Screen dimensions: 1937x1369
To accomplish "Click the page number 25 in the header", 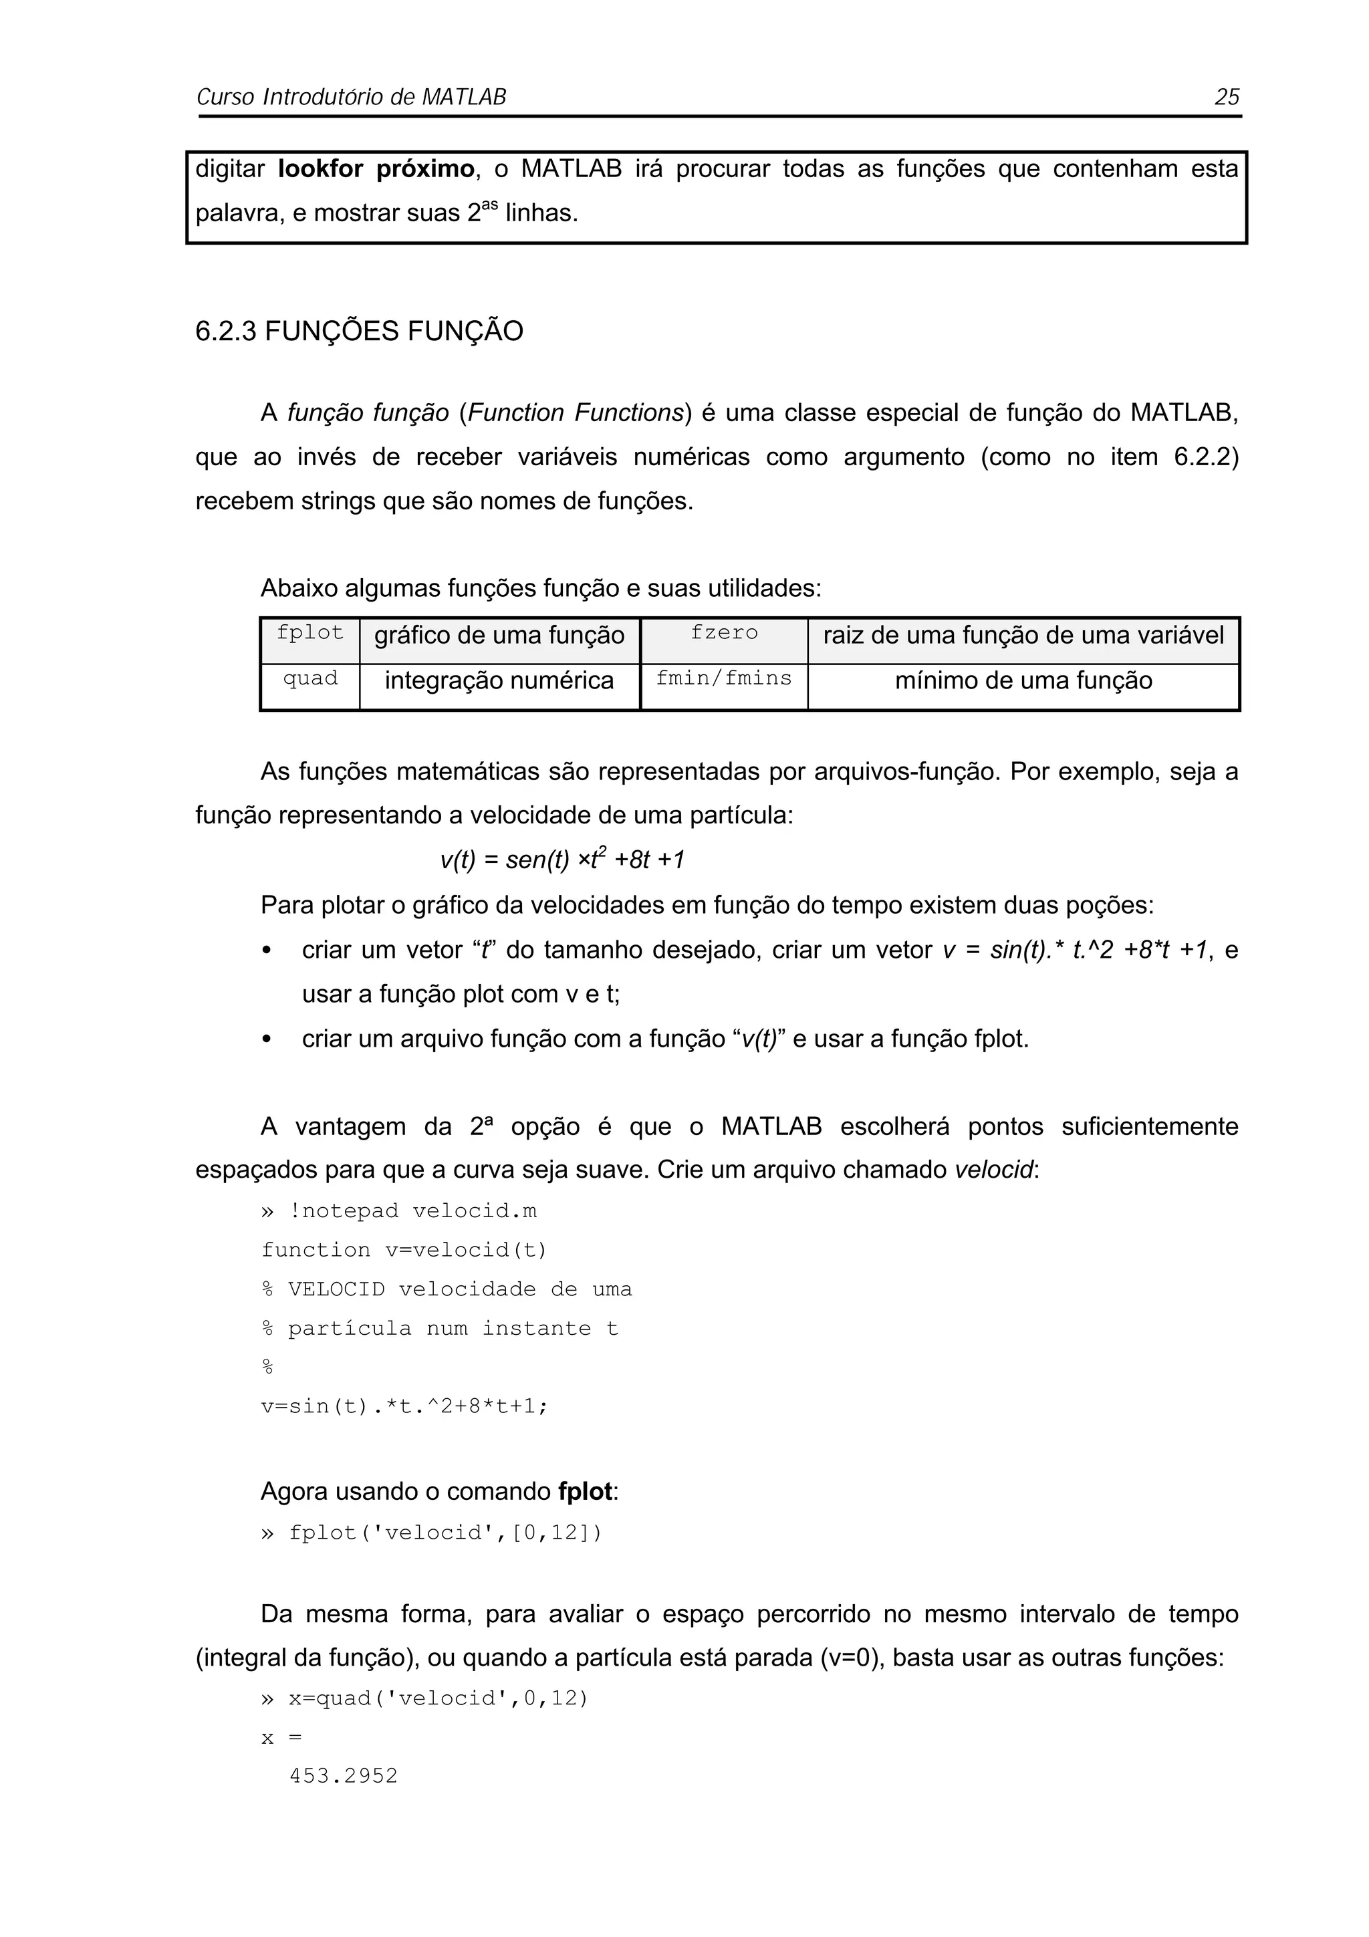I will coord(1227,97).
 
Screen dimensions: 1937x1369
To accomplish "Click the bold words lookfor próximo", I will coord(376,170).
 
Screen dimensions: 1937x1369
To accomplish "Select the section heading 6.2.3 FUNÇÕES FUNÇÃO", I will coord(360,332).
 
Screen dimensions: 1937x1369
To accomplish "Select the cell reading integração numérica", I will coord(499,681).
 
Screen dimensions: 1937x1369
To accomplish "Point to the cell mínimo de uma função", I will coord(1023,681).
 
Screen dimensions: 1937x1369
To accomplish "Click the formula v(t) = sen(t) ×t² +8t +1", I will coord(562,860).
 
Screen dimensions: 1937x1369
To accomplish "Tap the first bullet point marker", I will coord(267,950).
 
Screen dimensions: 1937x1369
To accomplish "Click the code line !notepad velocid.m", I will coord(412,1212).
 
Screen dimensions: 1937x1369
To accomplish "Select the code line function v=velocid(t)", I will coord(404,1251).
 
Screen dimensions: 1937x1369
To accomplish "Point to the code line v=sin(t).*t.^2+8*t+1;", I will coord(404,1406).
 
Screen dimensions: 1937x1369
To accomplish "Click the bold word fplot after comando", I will coord(584,1492).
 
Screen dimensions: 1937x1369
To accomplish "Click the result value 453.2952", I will coord(344,1776).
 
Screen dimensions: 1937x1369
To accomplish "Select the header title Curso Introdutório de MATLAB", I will coord(351,97).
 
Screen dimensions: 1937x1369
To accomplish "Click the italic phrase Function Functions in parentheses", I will coord(574,413).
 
